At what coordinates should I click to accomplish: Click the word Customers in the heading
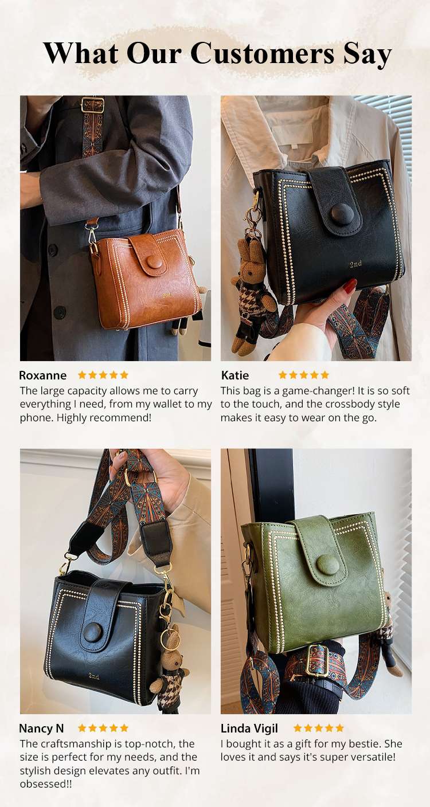(262, 53)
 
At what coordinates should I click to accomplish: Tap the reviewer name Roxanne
(42, 375)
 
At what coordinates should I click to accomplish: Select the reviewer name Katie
(234, 375)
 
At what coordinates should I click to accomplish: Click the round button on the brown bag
(155, 263)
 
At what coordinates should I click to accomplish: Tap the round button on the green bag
(327, 564)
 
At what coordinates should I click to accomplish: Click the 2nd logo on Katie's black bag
(355, 264)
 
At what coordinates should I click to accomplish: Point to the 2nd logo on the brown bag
(166, 295)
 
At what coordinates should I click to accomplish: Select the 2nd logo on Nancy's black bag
(93, 676)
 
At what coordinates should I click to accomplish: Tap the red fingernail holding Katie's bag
(350, 285)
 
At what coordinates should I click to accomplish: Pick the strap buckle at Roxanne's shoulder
(92, 105)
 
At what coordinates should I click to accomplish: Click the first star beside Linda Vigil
(298, 728)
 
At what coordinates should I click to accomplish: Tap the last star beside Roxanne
(124, 375)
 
